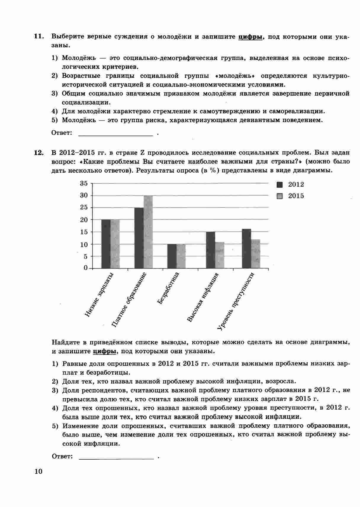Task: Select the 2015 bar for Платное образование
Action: (148, 232)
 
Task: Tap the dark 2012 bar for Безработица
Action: (172, 256)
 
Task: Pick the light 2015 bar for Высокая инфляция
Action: (220, 255)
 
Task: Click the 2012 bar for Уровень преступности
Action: (246, 248)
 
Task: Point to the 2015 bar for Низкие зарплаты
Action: (115, 244)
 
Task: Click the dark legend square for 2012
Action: (280, 184)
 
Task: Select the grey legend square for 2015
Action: (280, 196)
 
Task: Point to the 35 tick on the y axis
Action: (84, 183)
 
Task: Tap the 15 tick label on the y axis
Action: (84, 232)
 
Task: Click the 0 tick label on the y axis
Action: (86, 268)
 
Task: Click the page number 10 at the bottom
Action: (38, 471)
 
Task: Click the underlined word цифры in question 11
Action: (250, 37)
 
